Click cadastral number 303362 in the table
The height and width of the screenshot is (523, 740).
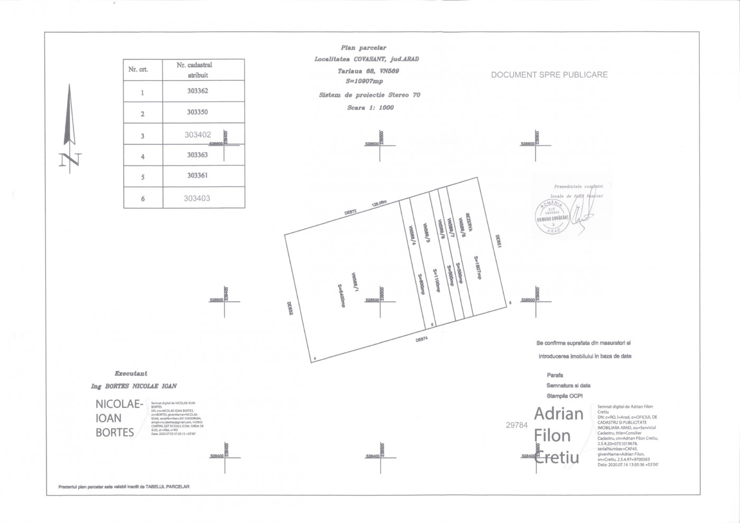click(x=198, y=91)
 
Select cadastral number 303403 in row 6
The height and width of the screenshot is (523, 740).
click(x=197, y=198)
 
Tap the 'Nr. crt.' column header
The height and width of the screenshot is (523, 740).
click(x=138, y=69)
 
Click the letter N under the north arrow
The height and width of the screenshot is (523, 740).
click(x=70, y=160)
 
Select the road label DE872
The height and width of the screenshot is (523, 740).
click(x=351, y=212)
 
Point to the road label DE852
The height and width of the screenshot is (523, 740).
click(x=290, y=308)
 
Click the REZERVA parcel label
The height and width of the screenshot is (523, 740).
click(x=468, y=220)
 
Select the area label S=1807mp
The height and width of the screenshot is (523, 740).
click(x=476, y=267)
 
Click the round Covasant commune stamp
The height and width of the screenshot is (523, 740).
click(x=552, y=217)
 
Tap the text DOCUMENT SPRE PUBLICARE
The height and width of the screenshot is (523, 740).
click(x=549, y=75)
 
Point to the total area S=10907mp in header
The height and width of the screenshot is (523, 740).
click(x=364, y=81)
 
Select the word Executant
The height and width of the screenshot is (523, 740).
click(x=131, y=373)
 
